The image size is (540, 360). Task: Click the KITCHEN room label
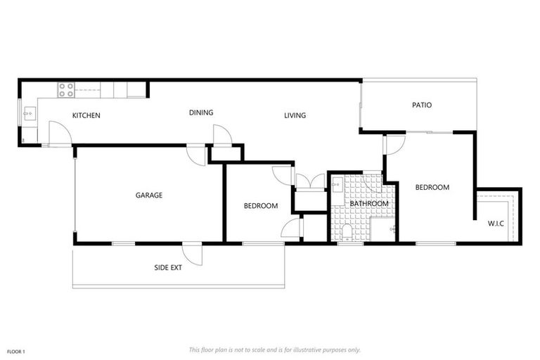[x=86, y=115]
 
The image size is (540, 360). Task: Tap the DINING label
[x=201, y=112]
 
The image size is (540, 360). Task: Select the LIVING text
[x=295, y=115]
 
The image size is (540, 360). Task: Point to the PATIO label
[x=421, y=105]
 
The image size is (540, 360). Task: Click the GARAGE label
[x=149, y=195]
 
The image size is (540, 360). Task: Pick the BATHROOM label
[x=369, y=204]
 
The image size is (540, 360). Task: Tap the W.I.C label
[x=496, y=224]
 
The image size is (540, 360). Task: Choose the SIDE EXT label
[x=168, y=267]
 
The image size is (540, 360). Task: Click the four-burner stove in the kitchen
[x=65, y=89]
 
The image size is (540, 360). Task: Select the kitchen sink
[x=29, y=112]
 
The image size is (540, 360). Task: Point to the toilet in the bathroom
[x=345, y=233]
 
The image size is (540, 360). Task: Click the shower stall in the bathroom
[x=384, y=229]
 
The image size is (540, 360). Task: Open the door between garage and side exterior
[x=192, y=254]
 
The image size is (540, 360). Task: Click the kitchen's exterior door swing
[x=59, y=134]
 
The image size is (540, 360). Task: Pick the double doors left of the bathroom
[x=309, y=181]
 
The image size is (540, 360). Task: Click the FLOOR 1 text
[x=16, y=351]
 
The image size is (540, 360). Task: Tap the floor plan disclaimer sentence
[x=275, y=349]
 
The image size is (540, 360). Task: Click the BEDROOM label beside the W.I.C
[x=432, y=188]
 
